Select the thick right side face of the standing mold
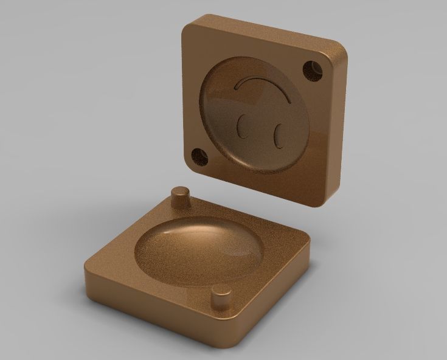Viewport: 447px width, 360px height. (338, 128)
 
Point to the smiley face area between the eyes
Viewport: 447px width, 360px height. (260, 129)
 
